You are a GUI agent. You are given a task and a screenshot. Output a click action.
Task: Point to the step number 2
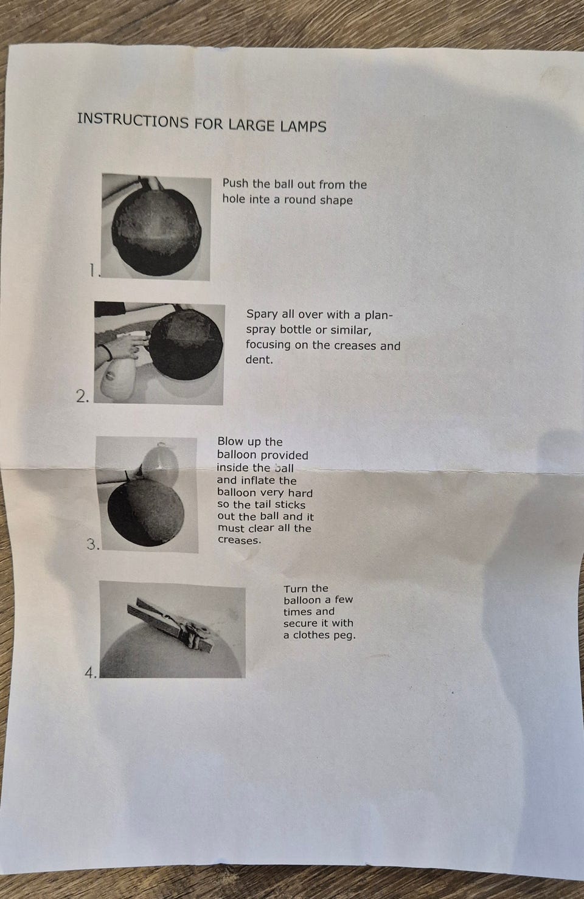[82, 396]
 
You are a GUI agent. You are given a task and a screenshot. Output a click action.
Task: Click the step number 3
[92, 544]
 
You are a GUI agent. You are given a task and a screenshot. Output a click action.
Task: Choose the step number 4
[91, 673]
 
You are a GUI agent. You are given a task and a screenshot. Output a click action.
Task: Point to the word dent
[259, 359]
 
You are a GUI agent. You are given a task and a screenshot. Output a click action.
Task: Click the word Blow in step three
[230, 441]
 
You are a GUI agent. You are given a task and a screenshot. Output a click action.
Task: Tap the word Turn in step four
[296, 588]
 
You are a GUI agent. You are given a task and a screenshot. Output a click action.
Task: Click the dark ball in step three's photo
[146, 513]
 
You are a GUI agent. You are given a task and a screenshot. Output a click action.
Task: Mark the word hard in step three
[299, 493]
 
